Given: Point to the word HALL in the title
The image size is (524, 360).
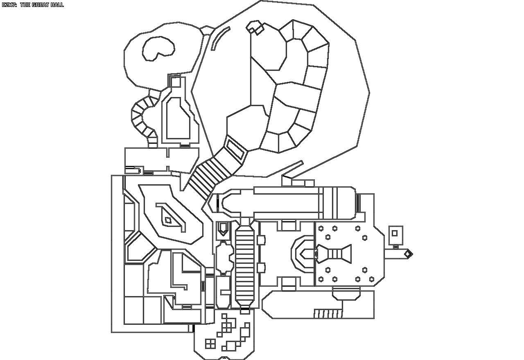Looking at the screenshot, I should (x=57, y=5).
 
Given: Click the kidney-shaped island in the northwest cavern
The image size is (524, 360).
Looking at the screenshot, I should (x=157, y=48).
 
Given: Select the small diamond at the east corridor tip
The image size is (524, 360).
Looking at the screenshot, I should (x=408, y=254).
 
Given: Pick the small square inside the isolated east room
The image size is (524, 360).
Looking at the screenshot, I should (x=395, y=233).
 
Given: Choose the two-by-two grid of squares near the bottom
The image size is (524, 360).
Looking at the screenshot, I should (x=210, y=343).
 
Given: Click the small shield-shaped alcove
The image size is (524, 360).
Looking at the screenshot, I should (x=224, y=228).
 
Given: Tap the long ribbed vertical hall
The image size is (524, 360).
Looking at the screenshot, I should (x=245, y=266).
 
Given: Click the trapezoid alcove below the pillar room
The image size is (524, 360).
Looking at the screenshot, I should (x=346, y=293).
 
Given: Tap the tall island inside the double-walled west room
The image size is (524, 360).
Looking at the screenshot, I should (x=178, y=119).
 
